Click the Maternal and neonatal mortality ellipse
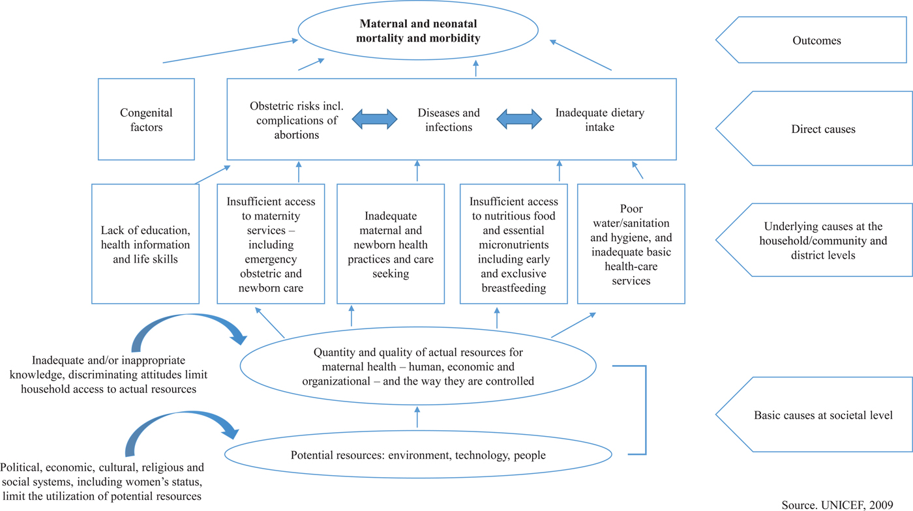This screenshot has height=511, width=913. point(418,31)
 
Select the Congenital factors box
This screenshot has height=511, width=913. point(146,120)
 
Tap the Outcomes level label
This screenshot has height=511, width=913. point(816,40)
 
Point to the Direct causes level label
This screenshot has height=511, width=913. point(823,129)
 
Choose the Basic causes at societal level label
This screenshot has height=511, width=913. point(823,415)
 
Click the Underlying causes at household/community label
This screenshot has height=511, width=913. point(823,241)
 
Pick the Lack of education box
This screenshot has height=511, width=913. point(145,244)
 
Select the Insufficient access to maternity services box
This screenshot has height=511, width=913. point(271,244)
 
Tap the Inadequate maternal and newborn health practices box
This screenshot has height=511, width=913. point(391,244)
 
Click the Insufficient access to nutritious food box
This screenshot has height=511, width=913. point(514,244)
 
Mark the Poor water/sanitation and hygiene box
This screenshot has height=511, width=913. point(631,244)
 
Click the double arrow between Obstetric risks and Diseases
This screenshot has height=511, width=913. point(374,119)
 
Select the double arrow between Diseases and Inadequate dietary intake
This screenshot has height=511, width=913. point(519,119)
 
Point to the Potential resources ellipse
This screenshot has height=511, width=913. point(418,454)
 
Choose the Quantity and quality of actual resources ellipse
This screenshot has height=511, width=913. point(418,366)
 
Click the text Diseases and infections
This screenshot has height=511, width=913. point(449,120)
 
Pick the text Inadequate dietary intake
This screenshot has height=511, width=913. point(599,120)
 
